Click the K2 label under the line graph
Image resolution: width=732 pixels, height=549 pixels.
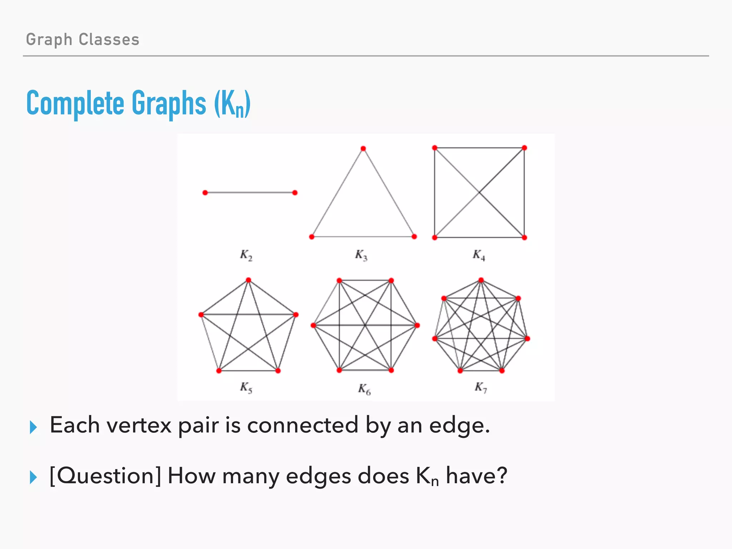pyautogui.click(x=246, y=255)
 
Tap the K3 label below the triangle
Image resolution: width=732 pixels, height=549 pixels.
pyautogui.click(x=361, y=255)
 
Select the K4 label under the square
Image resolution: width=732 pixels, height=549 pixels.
pyautogui.click(x=479, y=255)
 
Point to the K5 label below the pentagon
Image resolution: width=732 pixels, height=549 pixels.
pyautogui.click(x=246, y=387)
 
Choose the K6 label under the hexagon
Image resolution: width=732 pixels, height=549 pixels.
pyautogui.click(x=365, y=389)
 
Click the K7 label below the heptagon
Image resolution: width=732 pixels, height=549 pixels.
pyautogui.click(x=481, y=387)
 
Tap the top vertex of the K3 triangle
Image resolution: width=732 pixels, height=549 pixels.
pyautogui.click(x=363, y=149)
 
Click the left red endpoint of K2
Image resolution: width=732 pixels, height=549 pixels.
pyautogui.click(x=205, y=193)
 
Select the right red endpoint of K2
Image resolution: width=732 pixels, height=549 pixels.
pyautogui.click(x=295, y=193)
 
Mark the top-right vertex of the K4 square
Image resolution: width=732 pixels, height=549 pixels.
pyautogui.click(x=524, y=148)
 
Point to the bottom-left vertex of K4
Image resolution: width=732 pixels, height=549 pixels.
pyautogui.click(x=435, y=238)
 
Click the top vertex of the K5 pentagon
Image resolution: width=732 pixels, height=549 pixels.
pyautogui.click(x=249, y=280)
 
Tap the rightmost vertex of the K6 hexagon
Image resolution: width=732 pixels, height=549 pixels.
pyautogui.click(x=417, y=325)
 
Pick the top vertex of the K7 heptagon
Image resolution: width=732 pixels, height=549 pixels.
pyautogui.click(x=481, y=280)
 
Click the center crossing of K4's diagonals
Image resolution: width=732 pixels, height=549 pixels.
pyautogui.click(x=479, y=193)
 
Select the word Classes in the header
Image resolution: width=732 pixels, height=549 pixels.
pyautogui.click(x=109, y=39)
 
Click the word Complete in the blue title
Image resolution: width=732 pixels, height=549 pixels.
pyautogui.click(x=75, y=103)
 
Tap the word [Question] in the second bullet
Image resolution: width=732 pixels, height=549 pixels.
pyautogui.click(x=105, y=476)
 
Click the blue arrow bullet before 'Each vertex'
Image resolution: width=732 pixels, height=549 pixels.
pyautogui.click(x=33, y=427)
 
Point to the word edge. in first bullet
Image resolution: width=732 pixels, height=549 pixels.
pyautogui.click(x=459, y=426)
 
